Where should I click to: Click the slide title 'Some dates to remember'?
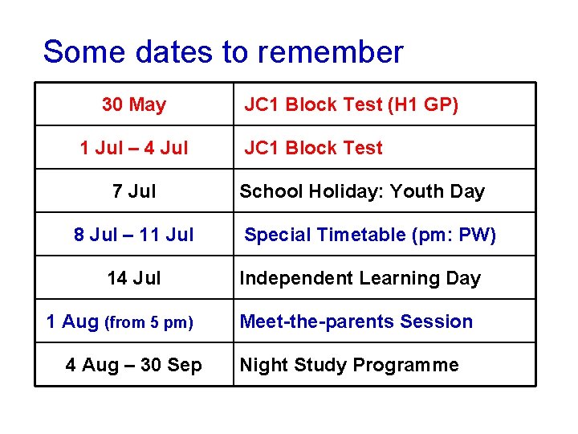pyautogui.click(x=222, y=52)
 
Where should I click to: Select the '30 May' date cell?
pyautogui.click(x=134, y=104)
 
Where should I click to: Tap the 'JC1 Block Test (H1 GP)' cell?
pyautogui.click(x=351, y=104)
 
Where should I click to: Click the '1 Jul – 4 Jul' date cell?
pyautogui.click(x=134, y=148)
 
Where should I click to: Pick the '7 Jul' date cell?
pyautogui.click(x=134, y=191)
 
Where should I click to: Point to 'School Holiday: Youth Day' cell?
pyautogui.click(x=362, y=191)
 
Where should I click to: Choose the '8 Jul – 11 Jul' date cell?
pyautogui.click(x=134, y=235)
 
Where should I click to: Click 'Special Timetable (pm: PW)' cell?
pyautogui.click(x=370, y=235)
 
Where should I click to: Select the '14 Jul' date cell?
pyautogui.click(x=134, y=278)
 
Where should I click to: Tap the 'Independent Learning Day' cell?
pyautogui.click(x=360, y=278)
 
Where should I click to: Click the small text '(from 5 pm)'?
pyautogui.click(x=149, y=323)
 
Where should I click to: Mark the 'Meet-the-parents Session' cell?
pyautogui.click(x=356, y=321)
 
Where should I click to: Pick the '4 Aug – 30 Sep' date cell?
pyautogui.click(x=134, y=365)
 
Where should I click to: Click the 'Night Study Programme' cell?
pyautogui.click(x=349, y=365)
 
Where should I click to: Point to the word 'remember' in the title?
pyautogui.click(x=331, y=52)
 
